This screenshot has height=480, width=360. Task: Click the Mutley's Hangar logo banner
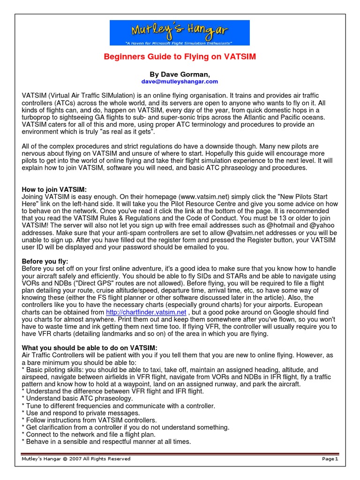pos(180,32)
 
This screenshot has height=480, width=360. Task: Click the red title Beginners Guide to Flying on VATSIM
pos(180,57)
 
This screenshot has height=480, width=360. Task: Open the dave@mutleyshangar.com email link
pos(180,81)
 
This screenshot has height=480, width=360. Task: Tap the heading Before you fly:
pos(45,261)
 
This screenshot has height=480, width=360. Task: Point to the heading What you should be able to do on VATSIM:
pos(90,347)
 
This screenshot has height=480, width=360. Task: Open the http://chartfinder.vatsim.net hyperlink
pos(146,312)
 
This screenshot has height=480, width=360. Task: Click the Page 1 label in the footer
pos(330,458)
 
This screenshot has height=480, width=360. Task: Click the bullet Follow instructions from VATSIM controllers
pos(89,420)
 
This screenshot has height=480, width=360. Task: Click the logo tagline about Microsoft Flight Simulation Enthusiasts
pos(180,43)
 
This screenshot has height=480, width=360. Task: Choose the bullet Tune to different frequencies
pos(118,405)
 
